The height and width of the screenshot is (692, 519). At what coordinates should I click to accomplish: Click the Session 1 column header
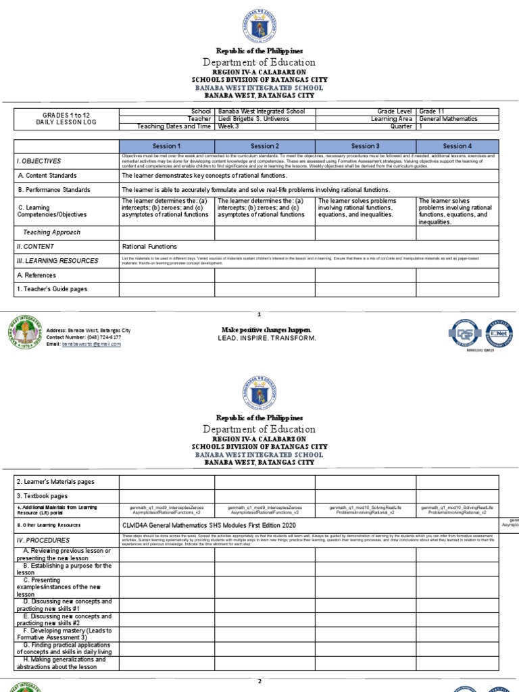point(167,146)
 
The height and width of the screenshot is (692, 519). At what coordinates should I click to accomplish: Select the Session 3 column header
point(365,146)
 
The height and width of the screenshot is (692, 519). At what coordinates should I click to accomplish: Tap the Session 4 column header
point(458,146)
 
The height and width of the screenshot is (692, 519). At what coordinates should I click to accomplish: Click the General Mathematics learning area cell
point(448,118)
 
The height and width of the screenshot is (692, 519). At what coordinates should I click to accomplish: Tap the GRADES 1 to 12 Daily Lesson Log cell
point(66,118)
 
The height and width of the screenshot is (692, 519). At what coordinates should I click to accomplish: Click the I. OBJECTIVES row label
point(39,161)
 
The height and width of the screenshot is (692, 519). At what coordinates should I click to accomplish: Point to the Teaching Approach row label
point(52,232)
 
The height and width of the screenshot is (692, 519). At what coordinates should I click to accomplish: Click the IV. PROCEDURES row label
point(43,541)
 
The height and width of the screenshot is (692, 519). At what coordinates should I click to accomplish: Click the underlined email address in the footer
point(91,344)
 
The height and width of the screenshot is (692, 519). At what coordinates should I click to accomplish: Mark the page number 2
point(259,681)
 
